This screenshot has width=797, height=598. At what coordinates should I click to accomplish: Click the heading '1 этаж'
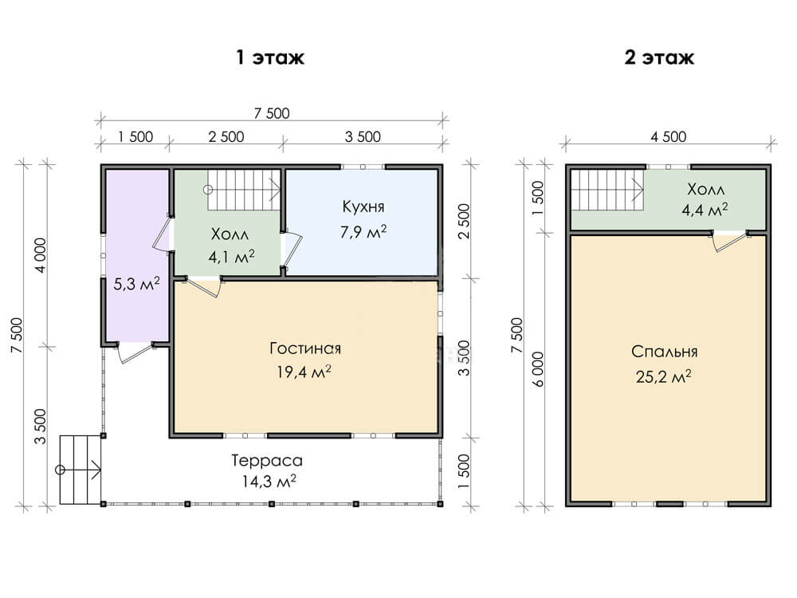click(270, 57)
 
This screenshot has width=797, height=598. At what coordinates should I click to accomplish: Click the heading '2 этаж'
click(659, 57)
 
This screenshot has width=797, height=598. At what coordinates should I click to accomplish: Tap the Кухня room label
click(363, 207)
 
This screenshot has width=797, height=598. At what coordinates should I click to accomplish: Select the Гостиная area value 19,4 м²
click(304, 372)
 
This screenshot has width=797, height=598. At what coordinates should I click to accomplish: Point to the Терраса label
click(267, 461)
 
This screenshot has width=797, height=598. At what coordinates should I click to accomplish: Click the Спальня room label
click(665, 352)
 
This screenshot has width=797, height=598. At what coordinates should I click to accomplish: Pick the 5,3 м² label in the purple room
click(136, 284)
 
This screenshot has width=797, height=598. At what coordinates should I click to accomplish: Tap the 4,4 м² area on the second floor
click(705, 210)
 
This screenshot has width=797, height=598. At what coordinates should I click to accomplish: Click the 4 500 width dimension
click(669, 137)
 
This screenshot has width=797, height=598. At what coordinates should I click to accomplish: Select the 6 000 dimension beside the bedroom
click(538, 369)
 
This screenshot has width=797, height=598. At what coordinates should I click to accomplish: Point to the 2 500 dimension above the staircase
click(226, 137)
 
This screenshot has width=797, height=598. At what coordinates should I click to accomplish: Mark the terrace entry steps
click(81, 470)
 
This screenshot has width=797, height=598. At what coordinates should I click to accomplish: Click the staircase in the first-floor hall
click(244, 190)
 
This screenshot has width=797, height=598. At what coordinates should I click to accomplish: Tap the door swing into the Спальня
click(731, 242)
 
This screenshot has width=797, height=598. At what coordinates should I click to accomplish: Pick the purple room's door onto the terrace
click(135, 353)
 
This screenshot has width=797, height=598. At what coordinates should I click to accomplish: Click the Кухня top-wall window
click(363, 167)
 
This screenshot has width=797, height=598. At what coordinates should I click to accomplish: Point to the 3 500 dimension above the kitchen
click(363, 137)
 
